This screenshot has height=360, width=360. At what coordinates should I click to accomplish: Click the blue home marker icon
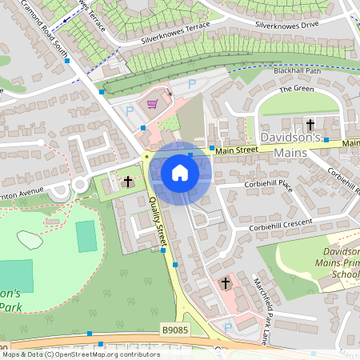point(179,173)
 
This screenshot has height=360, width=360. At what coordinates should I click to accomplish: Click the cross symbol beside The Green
point(310,125)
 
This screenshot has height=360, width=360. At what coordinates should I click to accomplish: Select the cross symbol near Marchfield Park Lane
point(226,283)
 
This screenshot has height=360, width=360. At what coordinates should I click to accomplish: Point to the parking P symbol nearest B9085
point(229,327)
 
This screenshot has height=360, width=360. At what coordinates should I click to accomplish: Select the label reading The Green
point(296,89)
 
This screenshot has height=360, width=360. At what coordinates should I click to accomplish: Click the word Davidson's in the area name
point(293,138)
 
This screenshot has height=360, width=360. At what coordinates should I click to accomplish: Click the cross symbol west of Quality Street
point(127,182)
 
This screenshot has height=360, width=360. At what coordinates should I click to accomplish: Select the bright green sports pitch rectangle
point(86,237)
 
